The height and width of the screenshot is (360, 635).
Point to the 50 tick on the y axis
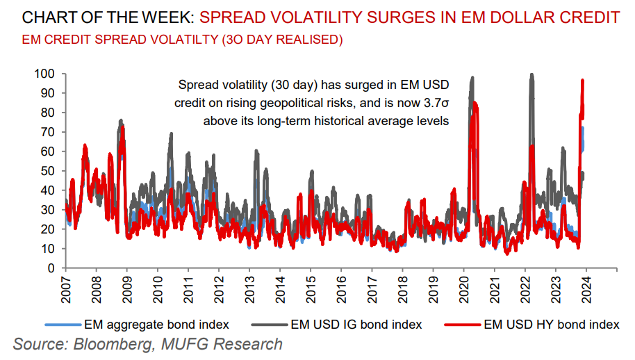click(49, 170)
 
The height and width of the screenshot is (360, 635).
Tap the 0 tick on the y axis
click(51, 268)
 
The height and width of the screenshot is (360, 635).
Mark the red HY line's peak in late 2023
click(582, 81)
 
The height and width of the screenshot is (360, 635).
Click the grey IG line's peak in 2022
click(531, 74)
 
